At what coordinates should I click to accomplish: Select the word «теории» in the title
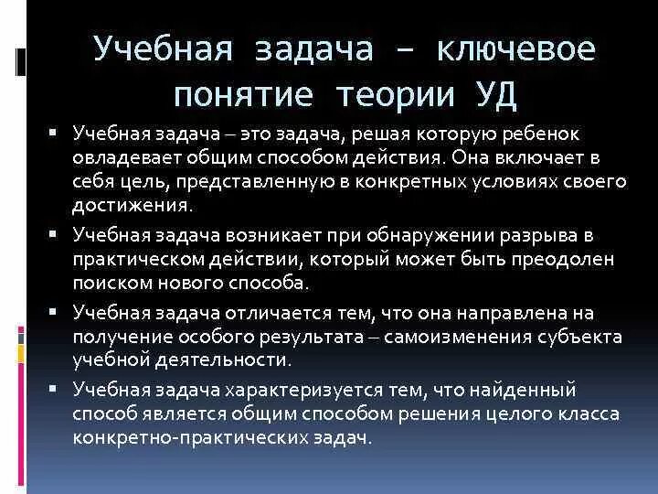[394, 94]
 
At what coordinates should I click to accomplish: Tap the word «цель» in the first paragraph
[142, 181]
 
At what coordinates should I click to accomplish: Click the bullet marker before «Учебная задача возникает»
[55, 234]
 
